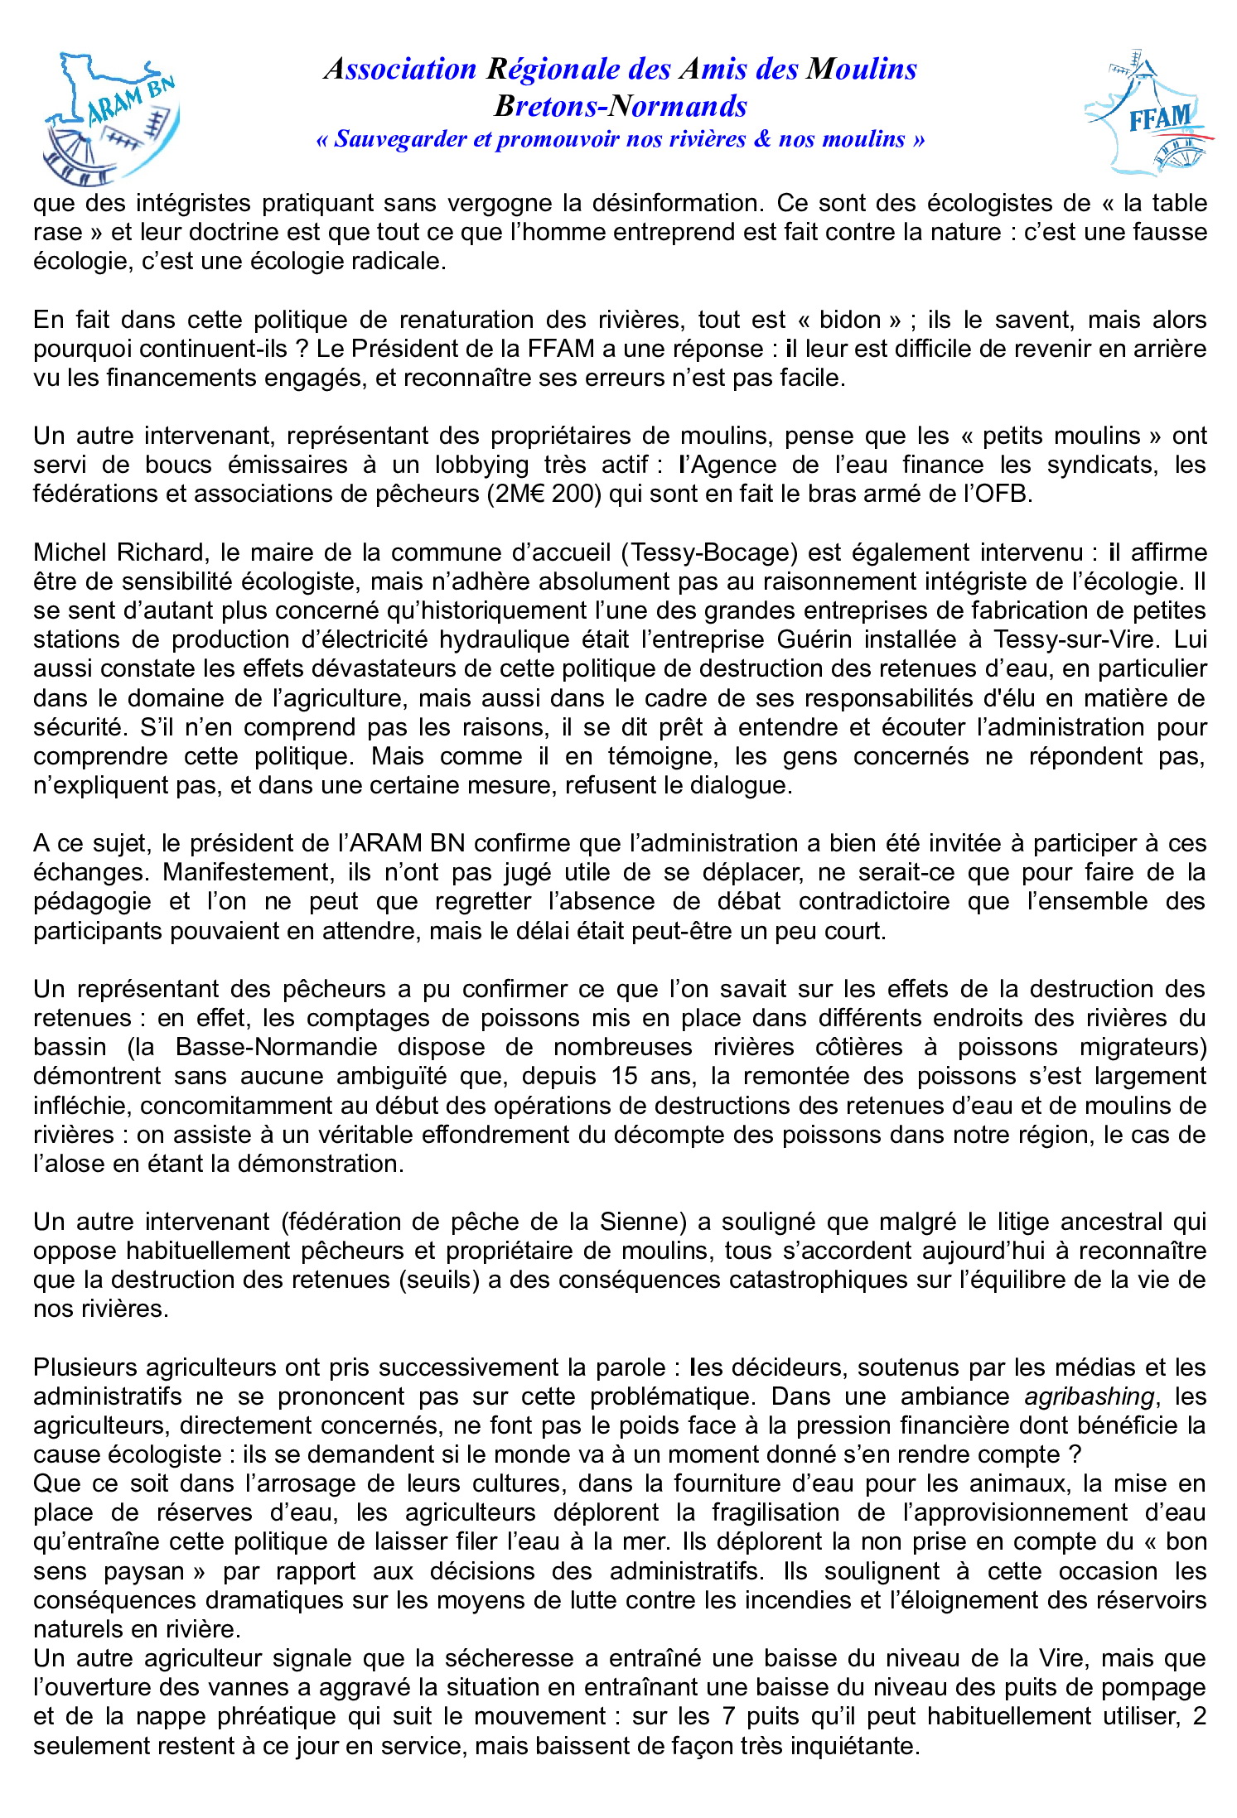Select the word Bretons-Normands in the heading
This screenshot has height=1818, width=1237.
tap(621, 106)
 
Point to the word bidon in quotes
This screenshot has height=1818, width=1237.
tap(850, 320)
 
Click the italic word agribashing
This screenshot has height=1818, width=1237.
tap(1089, 1396)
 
